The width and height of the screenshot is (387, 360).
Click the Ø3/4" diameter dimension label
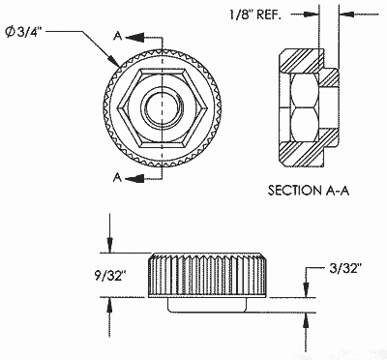24,32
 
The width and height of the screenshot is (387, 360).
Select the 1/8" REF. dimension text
254,15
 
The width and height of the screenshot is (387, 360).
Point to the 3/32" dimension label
343,268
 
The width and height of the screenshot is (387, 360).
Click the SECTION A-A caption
309,191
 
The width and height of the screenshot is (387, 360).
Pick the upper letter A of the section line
118,37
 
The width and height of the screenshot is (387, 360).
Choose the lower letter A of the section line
118,177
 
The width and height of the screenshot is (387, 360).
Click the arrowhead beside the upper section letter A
134,38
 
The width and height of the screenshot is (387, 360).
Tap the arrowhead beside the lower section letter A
134,178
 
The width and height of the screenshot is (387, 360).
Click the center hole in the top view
163,107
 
